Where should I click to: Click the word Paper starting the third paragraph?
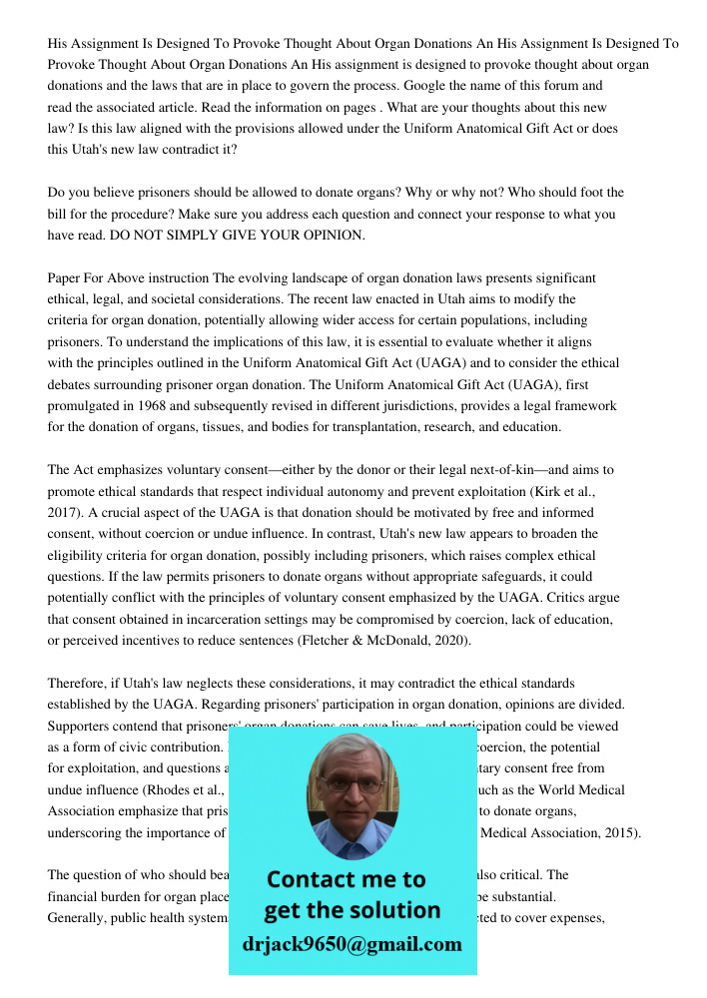pos(65,277)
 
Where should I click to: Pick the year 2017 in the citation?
pos(64,512)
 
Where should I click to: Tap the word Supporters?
pos(81,726)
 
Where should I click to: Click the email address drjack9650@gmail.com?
pos(353,944)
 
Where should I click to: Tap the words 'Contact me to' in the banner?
pos(347,879)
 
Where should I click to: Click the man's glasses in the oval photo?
pos(351,784)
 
